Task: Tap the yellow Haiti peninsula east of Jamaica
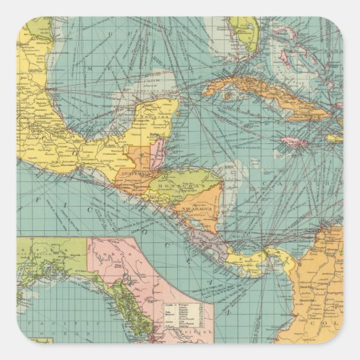(331, 137)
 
